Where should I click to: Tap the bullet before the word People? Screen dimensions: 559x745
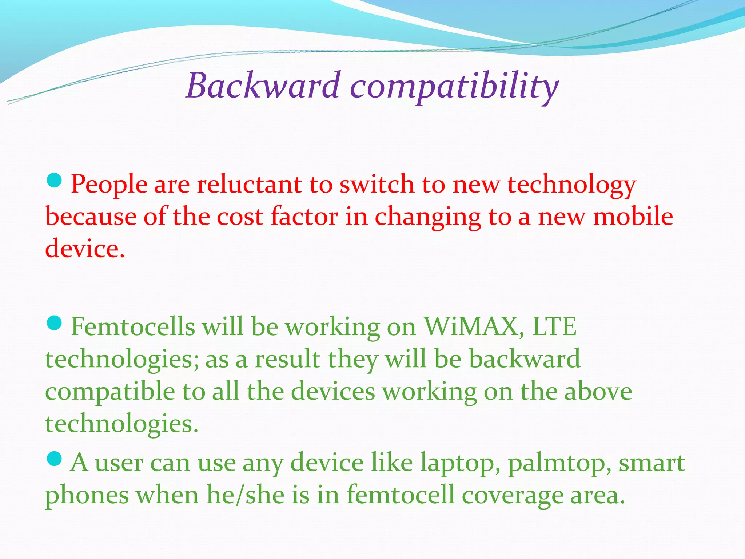click(x=55, y=181)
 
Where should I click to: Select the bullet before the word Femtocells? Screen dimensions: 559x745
click(x=55, y=323)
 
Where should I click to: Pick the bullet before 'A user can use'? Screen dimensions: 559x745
click(x=55, y=459)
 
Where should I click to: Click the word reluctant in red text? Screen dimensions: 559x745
click(x=249, y=184)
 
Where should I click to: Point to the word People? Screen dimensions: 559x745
click(x=109, y=185)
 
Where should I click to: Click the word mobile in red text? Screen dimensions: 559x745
click(x=633, y=217)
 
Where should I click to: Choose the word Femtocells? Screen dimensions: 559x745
click(x=133, y=326)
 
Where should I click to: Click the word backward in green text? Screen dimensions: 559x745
click(x=524, y=359)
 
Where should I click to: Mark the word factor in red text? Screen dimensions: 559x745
click(x=304, y=217)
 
